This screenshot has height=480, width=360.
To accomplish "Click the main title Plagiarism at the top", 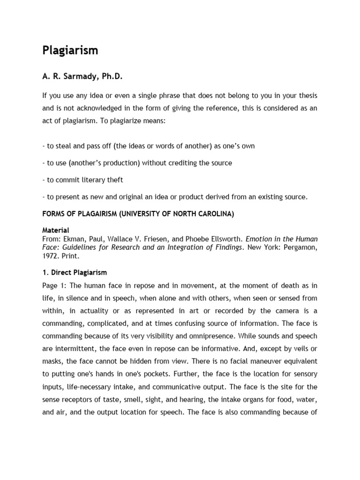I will [70, 51].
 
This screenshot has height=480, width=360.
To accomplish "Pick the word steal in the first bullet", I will [64, 146].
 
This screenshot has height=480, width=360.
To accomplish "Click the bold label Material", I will [56, 230].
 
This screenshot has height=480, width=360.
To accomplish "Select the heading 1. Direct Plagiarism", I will [75, 272].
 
